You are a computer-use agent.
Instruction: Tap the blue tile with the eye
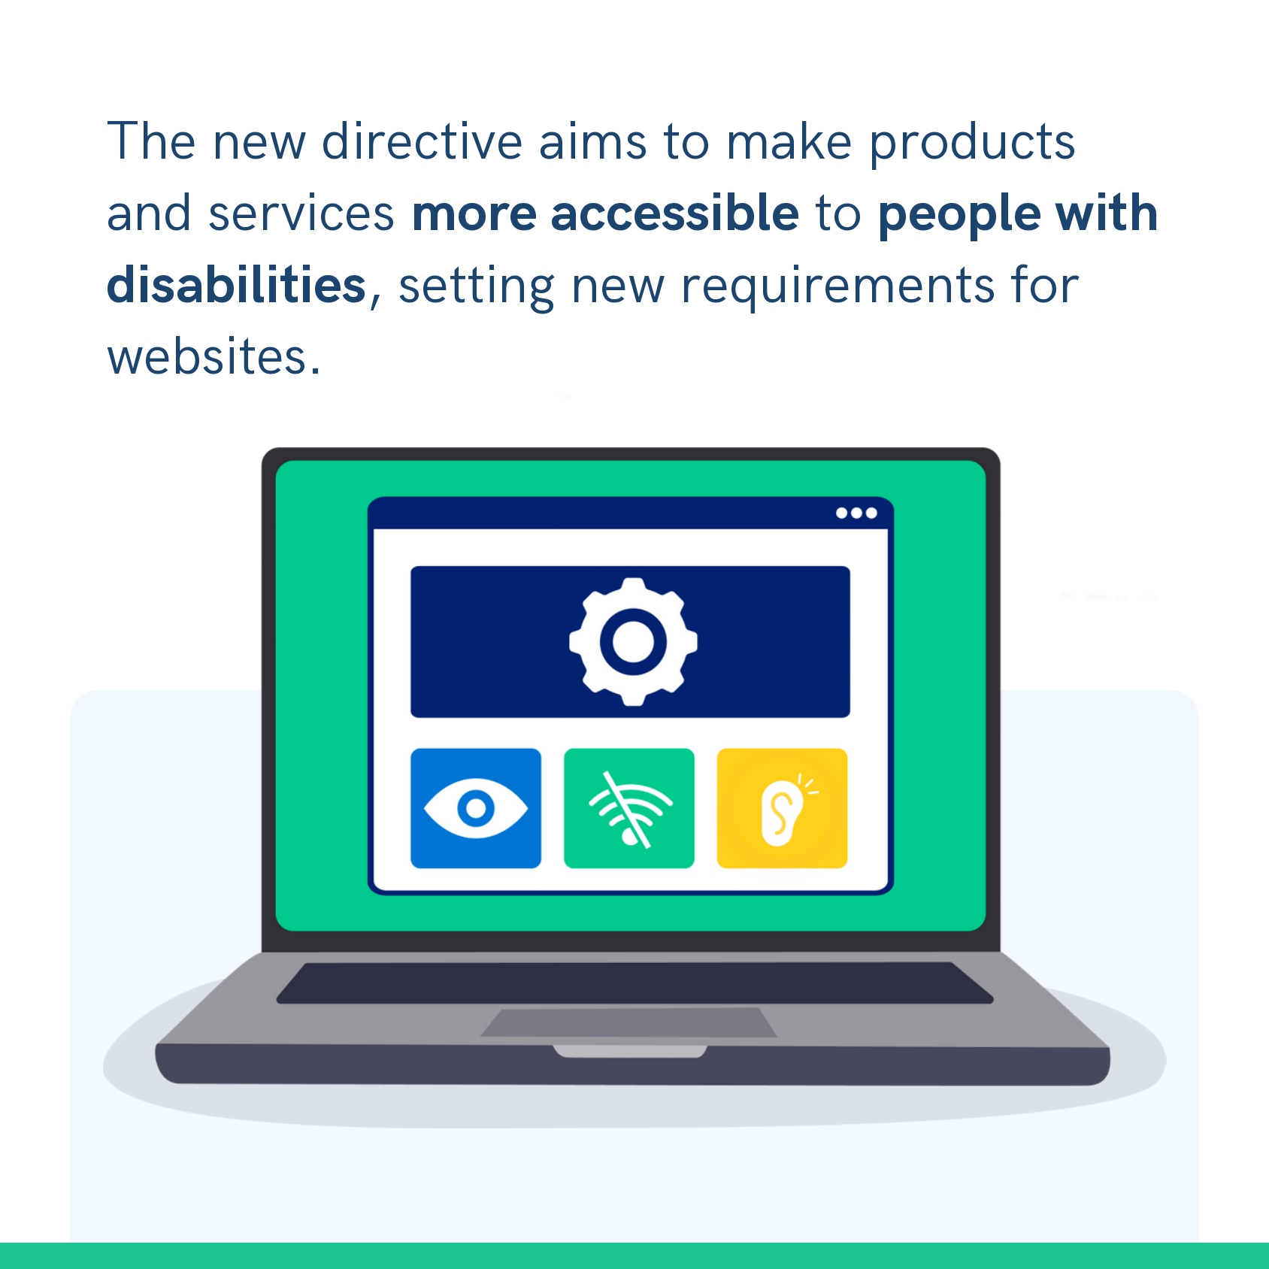point(476,808)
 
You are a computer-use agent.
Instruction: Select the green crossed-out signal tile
point(629,808)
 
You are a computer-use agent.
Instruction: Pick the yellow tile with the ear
point(782,808)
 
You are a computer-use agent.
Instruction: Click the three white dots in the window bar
point(857,513)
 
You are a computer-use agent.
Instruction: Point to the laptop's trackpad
point(628,1022)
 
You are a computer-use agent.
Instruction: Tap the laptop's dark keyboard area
point(635,983)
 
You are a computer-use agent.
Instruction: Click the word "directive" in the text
point(422,141)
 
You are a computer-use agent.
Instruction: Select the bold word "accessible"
point(675,214)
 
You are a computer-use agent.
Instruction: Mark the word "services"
point(301,214)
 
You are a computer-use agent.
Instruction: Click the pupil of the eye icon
point(476,808)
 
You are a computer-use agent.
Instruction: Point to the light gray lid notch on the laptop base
point(630,1051)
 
